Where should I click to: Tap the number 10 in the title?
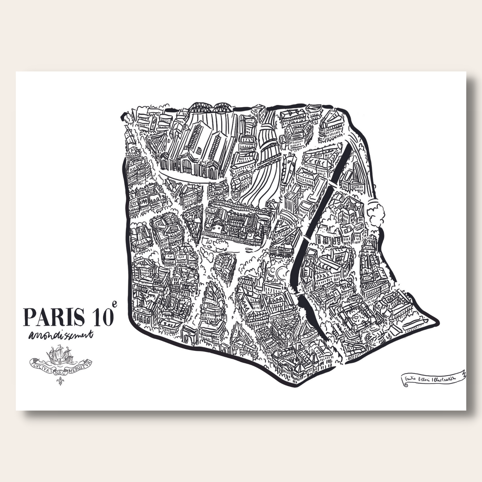[101, 317]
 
